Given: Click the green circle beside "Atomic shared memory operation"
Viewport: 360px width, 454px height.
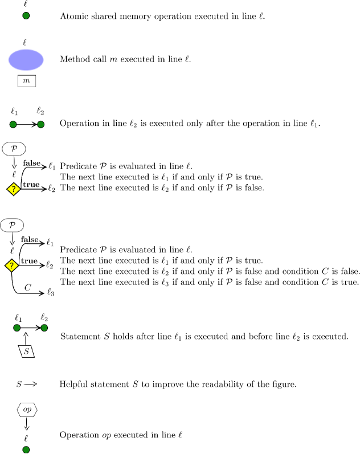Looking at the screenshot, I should [x=26, y=16].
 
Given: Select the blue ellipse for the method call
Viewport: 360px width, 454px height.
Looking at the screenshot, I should [x=26, y=60].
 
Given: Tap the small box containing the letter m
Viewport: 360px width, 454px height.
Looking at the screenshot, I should [x=26, y=81].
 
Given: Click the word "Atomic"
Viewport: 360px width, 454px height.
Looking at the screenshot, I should [x=73, y=16].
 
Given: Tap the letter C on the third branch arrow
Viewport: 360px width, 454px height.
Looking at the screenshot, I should [x=27, y=287].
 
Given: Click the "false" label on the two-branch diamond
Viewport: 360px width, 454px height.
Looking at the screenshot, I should [x=32, y=163].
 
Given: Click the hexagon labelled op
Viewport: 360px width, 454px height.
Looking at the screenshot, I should [x=26, y=410].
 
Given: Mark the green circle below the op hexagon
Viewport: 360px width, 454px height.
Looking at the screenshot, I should [x=26, y=450].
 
